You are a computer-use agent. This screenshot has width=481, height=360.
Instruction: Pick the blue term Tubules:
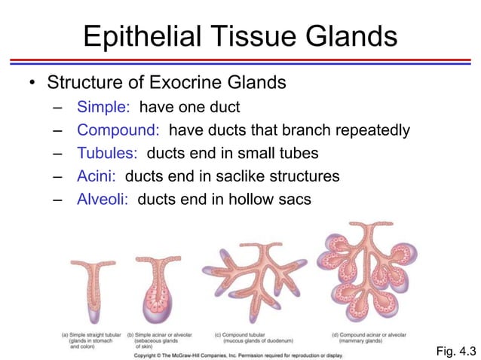(x=107, y=154)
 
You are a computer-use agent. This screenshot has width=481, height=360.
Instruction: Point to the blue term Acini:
(x=97, y=176)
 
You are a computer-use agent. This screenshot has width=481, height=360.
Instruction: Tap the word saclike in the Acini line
(x=229, y=176)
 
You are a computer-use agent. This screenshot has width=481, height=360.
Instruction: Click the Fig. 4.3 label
(x=456, y=350)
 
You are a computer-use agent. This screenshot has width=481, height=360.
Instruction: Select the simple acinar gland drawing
(x=158, y=290)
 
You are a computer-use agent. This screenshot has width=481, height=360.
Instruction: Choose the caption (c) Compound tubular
(x=242, y=334)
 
